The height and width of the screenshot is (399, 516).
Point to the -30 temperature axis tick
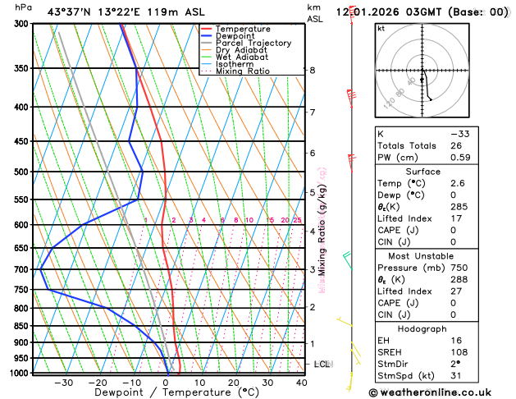tap(63, 382)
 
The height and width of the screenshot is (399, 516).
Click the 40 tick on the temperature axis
tap(302, 382)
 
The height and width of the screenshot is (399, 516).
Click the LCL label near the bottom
tap(322, 364)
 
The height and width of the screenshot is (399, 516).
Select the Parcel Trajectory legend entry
tap(253, 43)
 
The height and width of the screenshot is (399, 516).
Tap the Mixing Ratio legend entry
tap(243, 71)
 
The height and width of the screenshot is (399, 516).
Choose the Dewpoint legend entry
tap(238, 36)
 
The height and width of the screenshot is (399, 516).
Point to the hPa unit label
tap(24, 7)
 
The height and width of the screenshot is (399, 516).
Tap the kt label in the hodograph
tap(381, 28)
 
